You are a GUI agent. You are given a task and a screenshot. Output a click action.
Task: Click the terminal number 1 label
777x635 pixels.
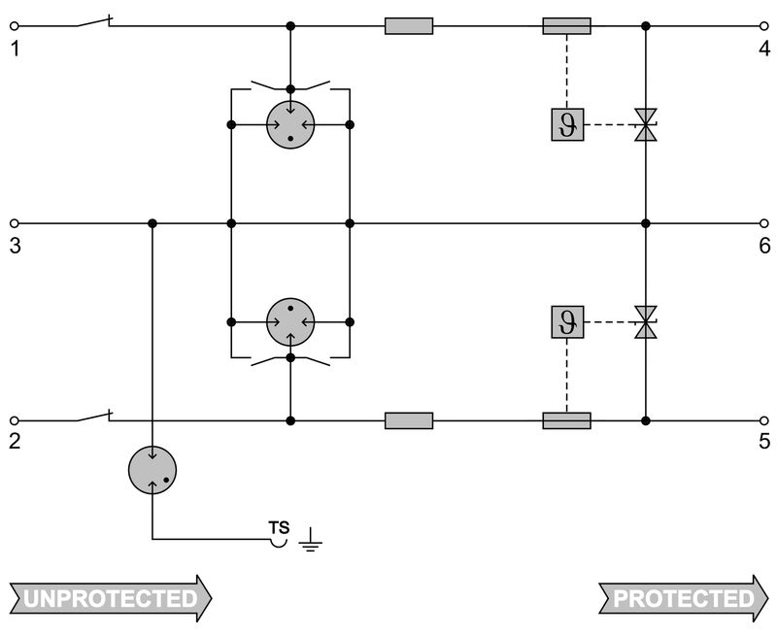15,48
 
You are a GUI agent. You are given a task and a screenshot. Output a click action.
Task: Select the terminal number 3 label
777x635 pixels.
15,246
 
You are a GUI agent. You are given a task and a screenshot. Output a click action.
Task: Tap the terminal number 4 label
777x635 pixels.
764,48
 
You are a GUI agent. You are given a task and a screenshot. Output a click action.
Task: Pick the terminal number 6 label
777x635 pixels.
764,246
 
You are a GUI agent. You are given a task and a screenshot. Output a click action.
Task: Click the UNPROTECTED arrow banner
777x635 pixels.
110,598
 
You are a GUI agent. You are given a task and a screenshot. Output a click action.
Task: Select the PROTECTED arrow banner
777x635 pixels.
681,598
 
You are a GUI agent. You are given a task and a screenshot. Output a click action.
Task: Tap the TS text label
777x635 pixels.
279,528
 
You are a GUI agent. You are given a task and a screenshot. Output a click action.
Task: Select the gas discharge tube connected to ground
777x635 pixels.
153,470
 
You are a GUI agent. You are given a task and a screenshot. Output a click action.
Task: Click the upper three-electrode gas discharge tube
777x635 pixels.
290,124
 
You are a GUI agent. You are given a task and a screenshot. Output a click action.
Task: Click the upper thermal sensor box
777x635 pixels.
567,124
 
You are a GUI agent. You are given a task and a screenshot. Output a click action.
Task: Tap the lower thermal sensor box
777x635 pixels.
567,321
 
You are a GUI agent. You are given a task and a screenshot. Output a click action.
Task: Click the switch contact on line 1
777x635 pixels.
93,21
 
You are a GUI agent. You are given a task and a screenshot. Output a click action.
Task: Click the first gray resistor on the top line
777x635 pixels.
409,25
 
